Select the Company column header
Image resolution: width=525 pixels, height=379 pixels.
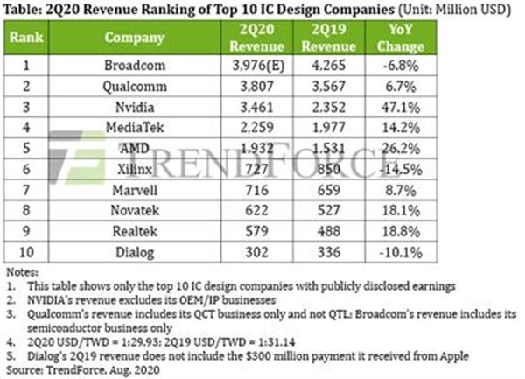tap(135, 39)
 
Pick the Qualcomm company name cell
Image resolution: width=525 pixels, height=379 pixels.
tap(135, 87)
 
